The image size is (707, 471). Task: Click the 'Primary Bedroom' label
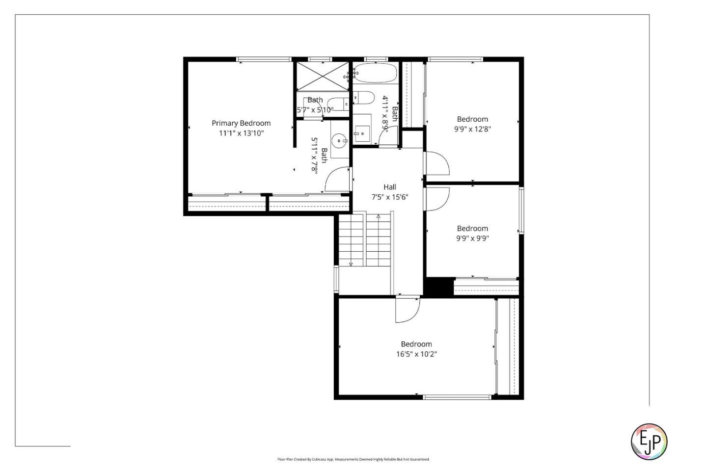241,123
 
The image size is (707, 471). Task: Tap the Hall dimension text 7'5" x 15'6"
390,197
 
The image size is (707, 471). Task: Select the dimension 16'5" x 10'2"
416,354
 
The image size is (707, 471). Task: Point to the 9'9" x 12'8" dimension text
472,129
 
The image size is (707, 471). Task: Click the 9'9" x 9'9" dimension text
472,238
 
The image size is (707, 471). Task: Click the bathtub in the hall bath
376,73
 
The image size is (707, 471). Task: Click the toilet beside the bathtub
361,98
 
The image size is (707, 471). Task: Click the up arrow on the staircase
378,216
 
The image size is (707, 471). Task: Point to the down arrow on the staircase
351,264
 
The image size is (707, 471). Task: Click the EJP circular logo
649,441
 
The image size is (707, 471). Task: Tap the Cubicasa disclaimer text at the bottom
353,460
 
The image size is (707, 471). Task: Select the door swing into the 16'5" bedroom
407,310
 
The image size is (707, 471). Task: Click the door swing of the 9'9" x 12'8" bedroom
437,163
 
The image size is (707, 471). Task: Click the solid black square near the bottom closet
438,287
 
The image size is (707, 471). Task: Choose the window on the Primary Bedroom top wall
264,59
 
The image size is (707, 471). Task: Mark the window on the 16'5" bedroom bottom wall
457,397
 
